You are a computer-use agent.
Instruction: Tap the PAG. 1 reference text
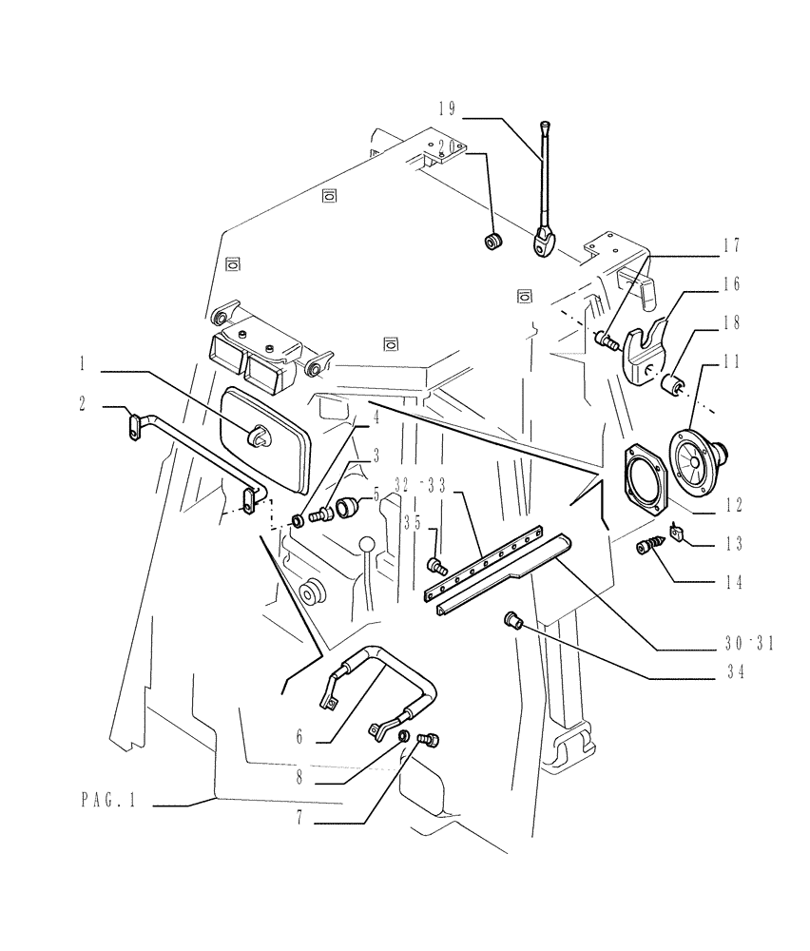pyautogui.click(x=108, y=802)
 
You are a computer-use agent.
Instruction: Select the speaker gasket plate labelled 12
pyautogui.click(x=644, y=479)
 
